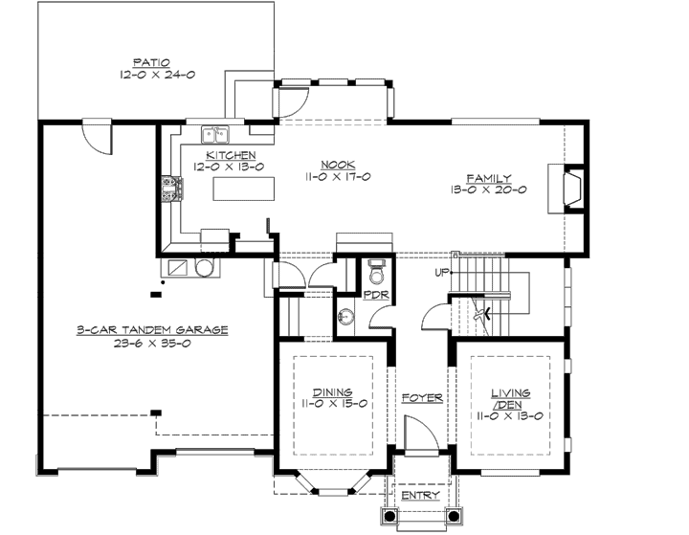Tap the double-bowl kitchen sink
[214, 134]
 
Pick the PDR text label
[374, 297]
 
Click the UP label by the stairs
[441, 273]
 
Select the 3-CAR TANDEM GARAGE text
[153, 330]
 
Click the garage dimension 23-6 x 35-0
[153, 344]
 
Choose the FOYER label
[421, 397]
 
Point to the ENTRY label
[421, 496]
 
